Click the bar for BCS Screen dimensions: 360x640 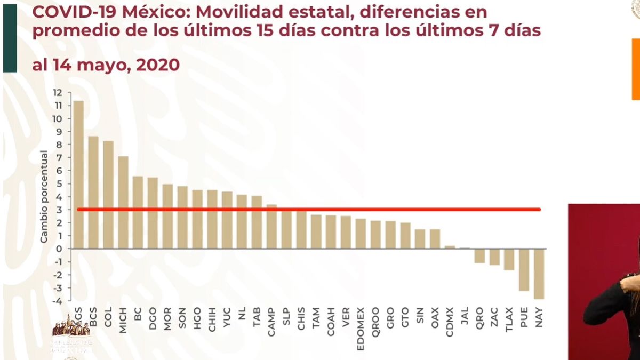point(93,192)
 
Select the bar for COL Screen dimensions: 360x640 point(108,195)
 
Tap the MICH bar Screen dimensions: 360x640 point(123,202)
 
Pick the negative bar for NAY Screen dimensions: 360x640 point(539,274)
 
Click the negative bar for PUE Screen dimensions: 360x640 point(524,269)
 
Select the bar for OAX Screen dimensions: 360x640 point(435,239)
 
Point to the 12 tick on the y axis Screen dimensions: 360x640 point(57,93)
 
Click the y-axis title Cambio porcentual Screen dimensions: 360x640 point(44,197)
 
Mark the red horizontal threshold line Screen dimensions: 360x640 point(309,209)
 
